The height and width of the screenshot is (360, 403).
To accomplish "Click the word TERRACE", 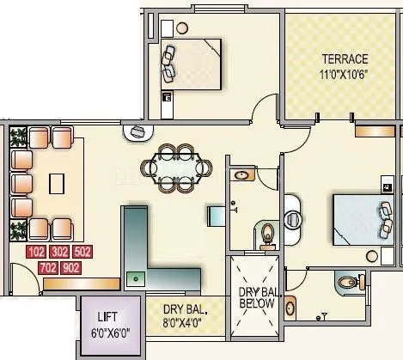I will [345, 58].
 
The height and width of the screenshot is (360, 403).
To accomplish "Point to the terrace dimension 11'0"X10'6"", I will [345, 74].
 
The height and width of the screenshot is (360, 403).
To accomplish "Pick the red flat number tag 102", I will [37, 253].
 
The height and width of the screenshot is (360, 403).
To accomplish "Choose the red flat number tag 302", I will [60, 253].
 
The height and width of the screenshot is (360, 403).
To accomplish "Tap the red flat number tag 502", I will [82, 253].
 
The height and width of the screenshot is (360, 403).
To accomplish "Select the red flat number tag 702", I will [49, 268].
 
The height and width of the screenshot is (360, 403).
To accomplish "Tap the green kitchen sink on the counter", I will [134, 278].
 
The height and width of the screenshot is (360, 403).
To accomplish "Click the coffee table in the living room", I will [57, 183].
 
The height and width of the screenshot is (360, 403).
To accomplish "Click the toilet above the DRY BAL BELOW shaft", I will [267, 232].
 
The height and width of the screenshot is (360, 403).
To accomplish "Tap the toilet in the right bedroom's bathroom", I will [347, 281].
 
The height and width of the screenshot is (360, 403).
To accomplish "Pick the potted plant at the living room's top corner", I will [16, 134].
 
